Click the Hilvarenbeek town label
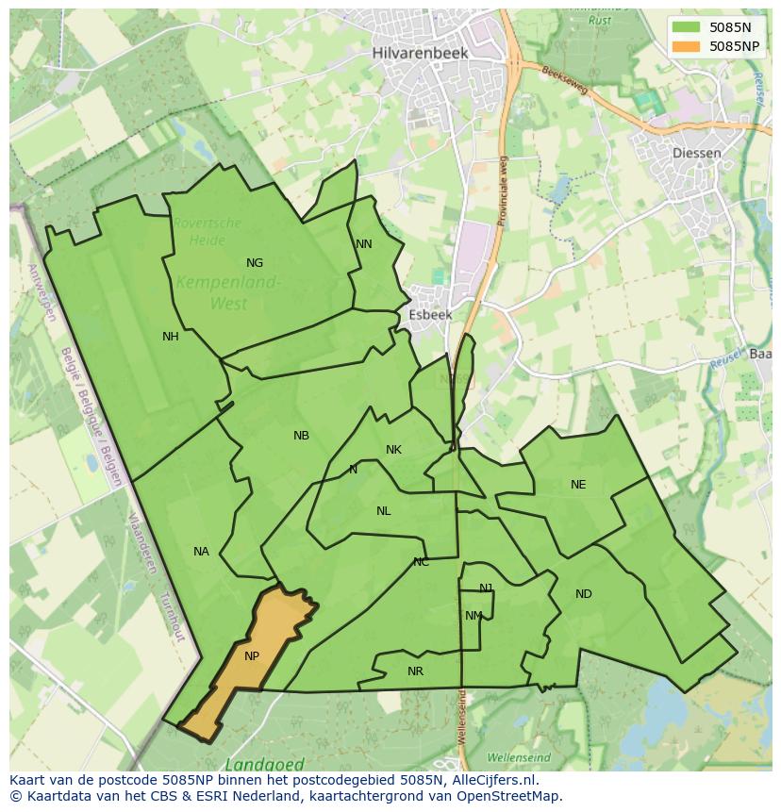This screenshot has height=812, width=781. [420, 53]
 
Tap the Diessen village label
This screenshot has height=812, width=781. [697, 153]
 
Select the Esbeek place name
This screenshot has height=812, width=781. [430, 315]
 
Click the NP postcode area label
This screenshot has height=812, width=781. [252, 656]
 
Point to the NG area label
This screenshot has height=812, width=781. [255, 263]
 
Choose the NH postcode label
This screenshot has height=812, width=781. [171, 337]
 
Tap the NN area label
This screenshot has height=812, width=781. [364, 244]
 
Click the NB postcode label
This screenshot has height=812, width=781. [301, 436]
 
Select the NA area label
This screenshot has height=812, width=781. [201, 552]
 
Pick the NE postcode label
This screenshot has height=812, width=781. [578, 485]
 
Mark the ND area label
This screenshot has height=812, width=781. [584, 594]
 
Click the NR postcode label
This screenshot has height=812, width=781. [415, 671]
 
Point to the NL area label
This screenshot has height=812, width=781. [383, 511]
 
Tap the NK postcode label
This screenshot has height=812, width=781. [393, 450]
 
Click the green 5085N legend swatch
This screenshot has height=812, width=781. [688, 27]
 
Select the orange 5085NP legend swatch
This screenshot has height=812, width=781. [688, 45]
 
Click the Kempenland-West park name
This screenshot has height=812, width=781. [227, 292]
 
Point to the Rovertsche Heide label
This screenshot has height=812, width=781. [207, 232]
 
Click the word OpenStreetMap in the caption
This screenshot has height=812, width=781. [509, 796]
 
